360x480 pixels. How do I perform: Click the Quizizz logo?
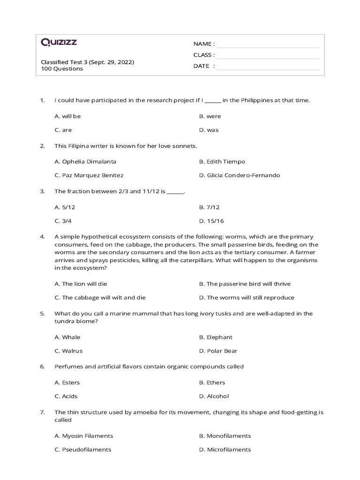point(59,43)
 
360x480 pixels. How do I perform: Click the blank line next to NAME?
point(268,45)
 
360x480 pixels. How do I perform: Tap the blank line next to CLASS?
point(268,55)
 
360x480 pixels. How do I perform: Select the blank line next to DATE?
point(268,67)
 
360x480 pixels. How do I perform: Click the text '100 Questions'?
point(62,69)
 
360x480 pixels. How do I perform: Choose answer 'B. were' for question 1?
point(210,116)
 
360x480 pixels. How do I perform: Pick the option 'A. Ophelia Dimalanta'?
point(85,162)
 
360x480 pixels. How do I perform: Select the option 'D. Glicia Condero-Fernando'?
point(239,175)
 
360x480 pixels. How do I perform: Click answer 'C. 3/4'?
point(63,221)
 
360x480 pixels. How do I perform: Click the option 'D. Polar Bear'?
point(218,351)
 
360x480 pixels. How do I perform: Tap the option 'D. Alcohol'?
point(214,397)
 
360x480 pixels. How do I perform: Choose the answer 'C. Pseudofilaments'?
point(83,450)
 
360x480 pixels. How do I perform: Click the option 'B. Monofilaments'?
point(225,436)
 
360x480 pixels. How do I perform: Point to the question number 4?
point(42,237)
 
